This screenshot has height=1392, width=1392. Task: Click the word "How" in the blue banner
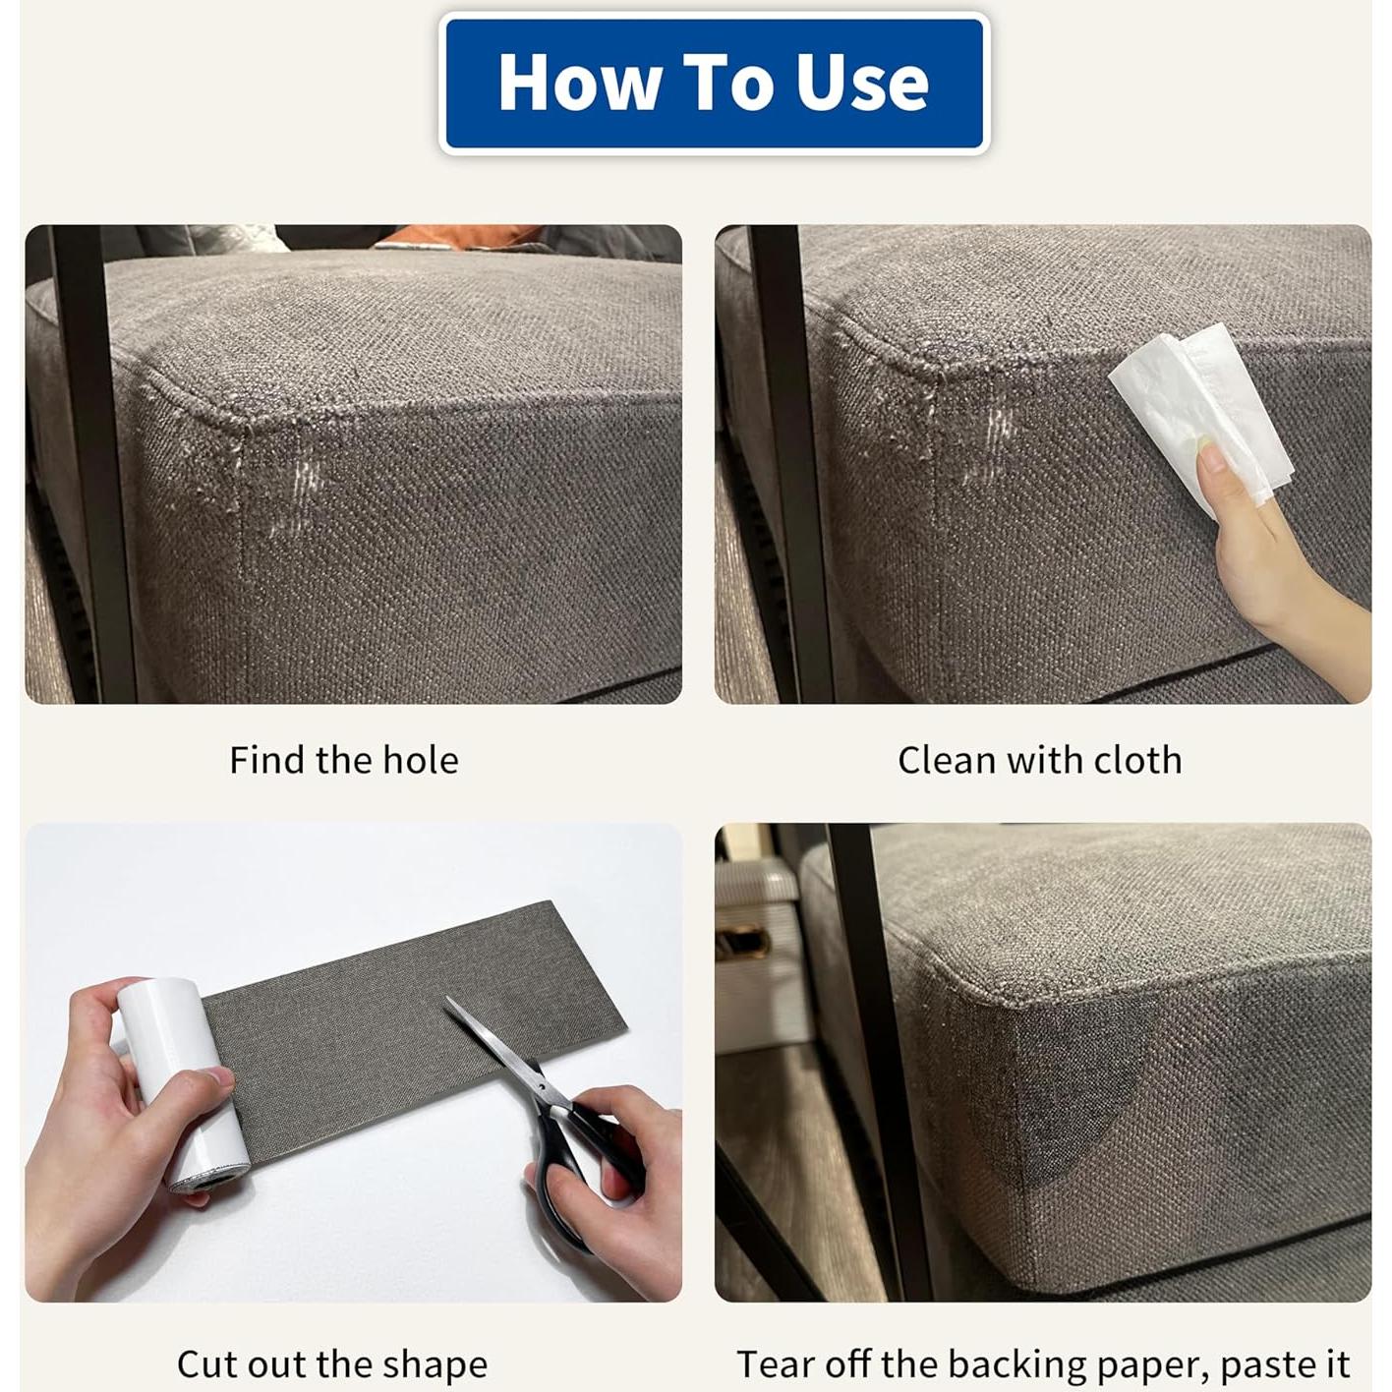pyautogui.click(x=579, y=83)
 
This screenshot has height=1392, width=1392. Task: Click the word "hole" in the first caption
pyautogui.click(x=421, y=761)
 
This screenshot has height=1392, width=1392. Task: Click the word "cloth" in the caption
pyautogui.click(x=1137, y=761)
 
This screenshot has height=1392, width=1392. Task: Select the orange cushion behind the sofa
pyautogui.click(x=462, y=236)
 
